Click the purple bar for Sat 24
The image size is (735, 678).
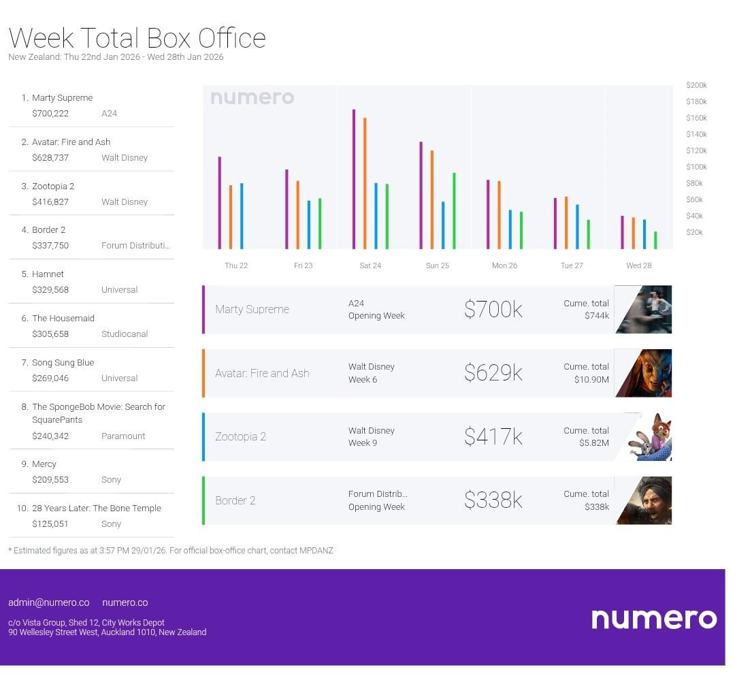point(354,179)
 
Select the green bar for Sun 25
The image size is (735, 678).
point(454,211)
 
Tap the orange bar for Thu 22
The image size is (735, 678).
point(231,216)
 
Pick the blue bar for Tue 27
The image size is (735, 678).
point(577,227)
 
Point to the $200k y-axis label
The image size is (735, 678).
point(696,85)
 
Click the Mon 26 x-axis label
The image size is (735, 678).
point(504,265)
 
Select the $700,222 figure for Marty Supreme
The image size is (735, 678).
point(50,114)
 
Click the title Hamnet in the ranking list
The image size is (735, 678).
point(48,274)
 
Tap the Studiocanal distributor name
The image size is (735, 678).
point(125,334)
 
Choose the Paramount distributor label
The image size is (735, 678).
point(123,436)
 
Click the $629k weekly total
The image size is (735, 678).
point(493,373)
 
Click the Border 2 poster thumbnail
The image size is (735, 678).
point(644,501)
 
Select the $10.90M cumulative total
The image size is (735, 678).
point(591,379)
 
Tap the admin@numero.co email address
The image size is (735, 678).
point(49,602)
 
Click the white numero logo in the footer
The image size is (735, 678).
point(653,618)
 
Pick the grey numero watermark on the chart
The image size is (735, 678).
point(252,97)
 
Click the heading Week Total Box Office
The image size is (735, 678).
point(137,37)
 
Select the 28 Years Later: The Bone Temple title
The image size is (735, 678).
point(97,508)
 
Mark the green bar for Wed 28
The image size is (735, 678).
point(655,240)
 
